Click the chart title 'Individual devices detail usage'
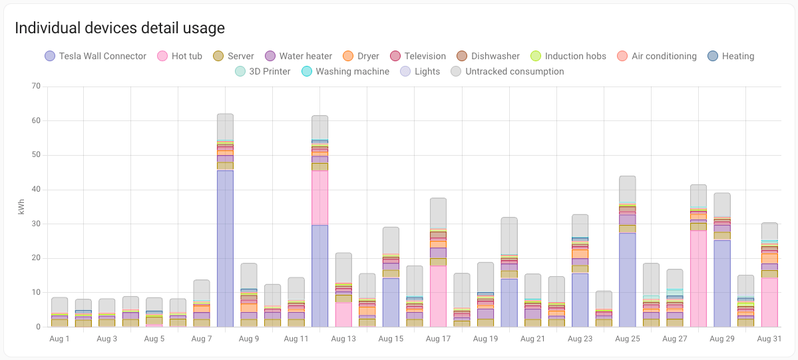click(x=120, y=28)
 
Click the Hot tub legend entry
click(x=180, y=56)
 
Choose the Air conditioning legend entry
click(x=656, y=56)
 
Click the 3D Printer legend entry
click(x=262, y=71)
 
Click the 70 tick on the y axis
click(x=36, y=87)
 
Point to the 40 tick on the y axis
click(x=36, y=190)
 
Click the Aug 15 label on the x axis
click(x=391, y=339)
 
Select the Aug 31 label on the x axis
click(x=769, y=339)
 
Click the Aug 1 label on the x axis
click(x=59, y=339)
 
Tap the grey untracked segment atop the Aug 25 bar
click(x=627, y=189)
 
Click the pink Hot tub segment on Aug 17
click(x=438, y=297)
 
